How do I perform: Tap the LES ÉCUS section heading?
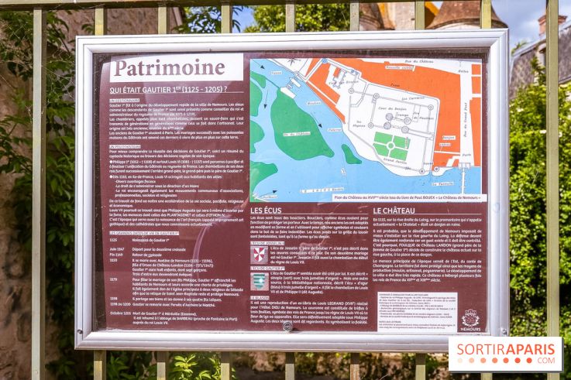(267, 211)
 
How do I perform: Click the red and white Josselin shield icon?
(260, 254)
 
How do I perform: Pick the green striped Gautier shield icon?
(260, 280)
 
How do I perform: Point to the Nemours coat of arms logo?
(470, 319)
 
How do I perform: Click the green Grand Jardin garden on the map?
(390, 145)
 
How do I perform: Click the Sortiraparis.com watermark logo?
(505, 353)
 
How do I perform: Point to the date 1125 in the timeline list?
(114, 240)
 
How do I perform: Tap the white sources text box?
(416, 311)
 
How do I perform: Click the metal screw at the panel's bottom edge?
(287, 327)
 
